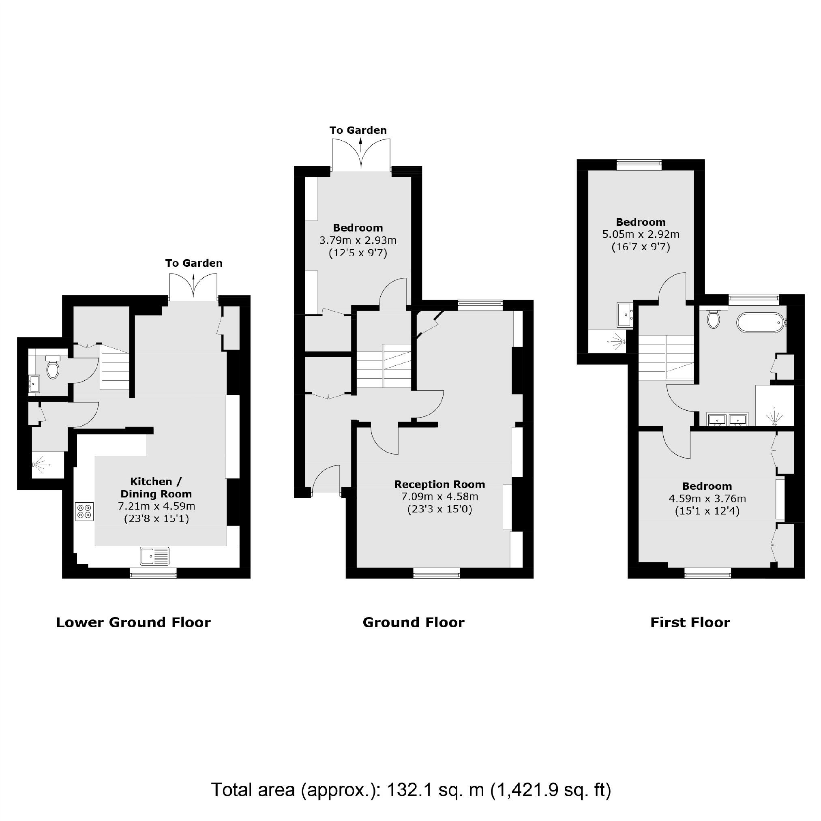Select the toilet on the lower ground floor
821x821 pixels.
pos(53,368)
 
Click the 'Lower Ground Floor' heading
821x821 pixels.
pos(133,623)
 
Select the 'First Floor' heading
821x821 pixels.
pos(690,623)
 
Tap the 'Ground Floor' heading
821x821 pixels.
pos(414,623)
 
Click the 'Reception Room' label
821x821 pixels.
pos(439,484)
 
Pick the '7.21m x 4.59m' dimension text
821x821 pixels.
pos(156,506)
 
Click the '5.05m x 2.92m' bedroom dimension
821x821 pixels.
pos(641,234)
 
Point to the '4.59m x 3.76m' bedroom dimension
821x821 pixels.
pos(707,498)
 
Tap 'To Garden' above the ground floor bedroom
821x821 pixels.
pos(358,131)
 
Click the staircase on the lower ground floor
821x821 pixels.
pos(115,367)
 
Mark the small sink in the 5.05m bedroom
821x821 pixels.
pos(625,315)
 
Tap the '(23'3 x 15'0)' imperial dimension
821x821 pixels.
pos(439,509)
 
